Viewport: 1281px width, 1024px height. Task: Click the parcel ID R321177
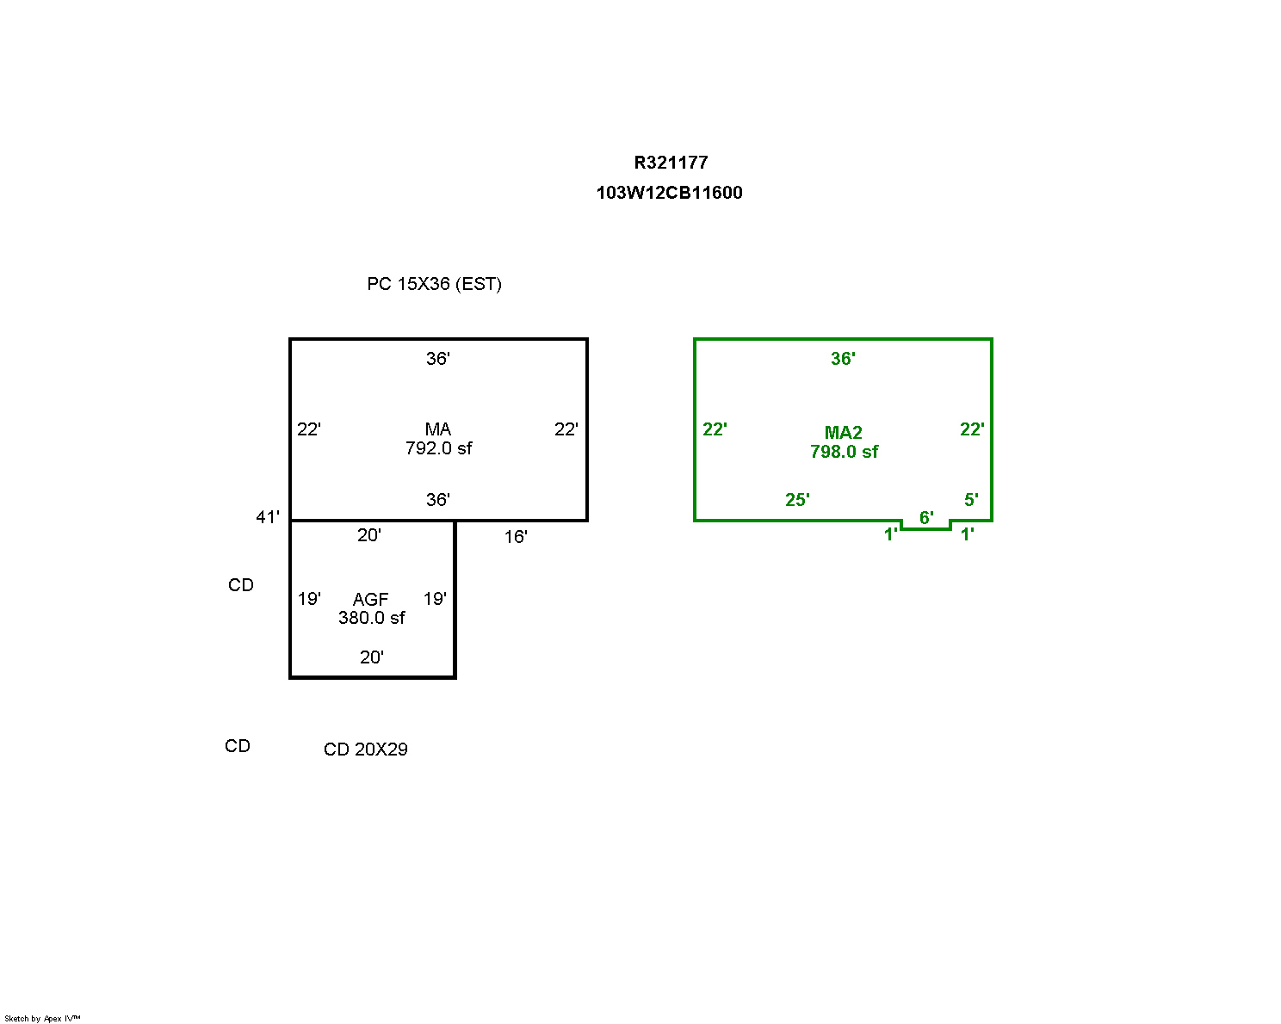point(671,163)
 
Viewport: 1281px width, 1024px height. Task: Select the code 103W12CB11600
point(669,193)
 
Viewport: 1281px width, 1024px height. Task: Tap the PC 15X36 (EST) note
point(434,285)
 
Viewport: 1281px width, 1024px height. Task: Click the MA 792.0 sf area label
point(438,439)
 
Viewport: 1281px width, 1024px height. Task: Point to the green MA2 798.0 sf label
point(844,442)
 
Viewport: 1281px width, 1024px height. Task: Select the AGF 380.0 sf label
point(371,608)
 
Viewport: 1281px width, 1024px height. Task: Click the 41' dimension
point(267,517)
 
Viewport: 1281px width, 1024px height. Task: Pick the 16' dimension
point(516,537)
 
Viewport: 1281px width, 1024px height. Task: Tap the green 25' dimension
point(797,500)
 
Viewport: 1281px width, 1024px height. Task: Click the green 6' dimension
point(926,518)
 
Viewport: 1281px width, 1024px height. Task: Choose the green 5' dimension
point(971,500)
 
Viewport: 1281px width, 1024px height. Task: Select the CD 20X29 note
point(366,749)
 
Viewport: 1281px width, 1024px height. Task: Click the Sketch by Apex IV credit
point(42,1019)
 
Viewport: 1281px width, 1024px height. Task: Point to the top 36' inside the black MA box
point(437,359)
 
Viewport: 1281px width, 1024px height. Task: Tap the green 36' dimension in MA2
point(843,359)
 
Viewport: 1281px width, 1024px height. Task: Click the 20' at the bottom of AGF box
point(371,657)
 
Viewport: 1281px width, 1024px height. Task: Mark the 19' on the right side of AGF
point(435,599)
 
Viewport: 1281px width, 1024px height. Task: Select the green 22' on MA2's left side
point(715,429)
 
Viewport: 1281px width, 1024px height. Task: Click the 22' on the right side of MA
point(566,429)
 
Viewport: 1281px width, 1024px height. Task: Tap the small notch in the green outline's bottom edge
point(926,528)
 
